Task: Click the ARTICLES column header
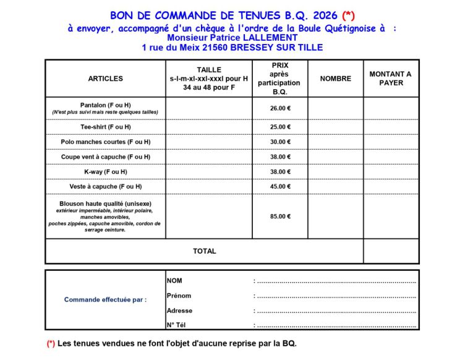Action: click(105, 79)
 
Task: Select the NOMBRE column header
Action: click(335, 79)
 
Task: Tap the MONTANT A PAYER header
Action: click(390, 79)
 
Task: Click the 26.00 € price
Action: click(280, 108)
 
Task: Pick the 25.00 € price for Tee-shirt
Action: click(280, 127)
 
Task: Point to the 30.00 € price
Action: click(280, 142)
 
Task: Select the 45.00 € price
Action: click(280, 186)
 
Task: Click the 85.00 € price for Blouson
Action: click(280, 216)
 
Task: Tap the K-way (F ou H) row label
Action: click(105, 171)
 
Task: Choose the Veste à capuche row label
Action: click(105, 186)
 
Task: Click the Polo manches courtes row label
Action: click(105, 142)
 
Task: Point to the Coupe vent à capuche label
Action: click(105, 156)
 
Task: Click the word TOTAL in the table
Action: click(204, 251)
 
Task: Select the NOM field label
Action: click(174, 281)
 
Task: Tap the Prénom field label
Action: click(179, 296)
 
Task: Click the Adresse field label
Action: click(179, 311)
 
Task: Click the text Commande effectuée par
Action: click(105, 300)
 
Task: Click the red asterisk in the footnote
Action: click(51, 343)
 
